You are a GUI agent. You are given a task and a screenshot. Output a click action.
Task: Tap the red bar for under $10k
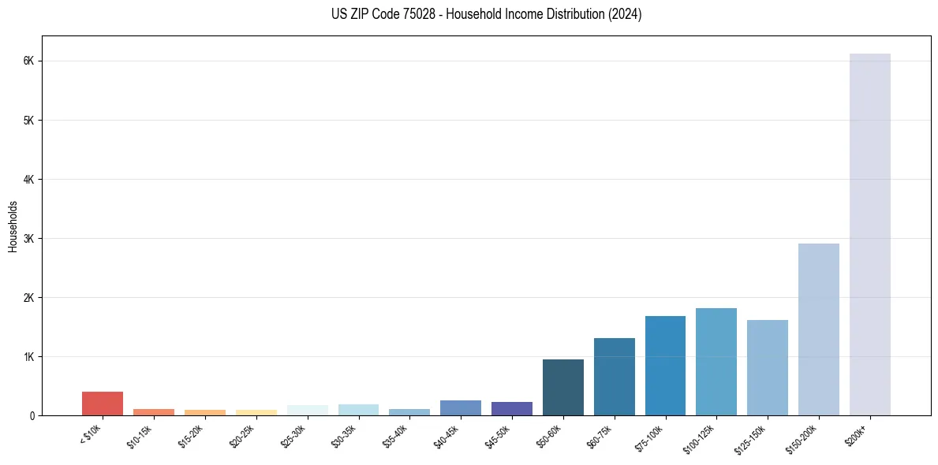(x=103, y=404)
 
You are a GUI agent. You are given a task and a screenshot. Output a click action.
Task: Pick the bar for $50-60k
(x=562, y=387)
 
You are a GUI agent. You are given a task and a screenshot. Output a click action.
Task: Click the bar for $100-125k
(x=716, y=362)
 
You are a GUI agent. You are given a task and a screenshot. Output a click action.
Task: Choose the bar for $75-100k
(x=665, y=366)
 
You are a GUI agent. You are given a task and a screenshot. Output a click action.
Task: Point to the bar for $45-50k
(x=511, y=408)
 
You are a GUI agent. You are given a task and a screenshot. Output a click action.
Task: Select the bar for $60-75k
(x=614, y=377)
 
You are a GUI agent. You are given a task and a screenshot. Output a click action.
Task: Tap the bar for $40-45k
(x=461, y=407)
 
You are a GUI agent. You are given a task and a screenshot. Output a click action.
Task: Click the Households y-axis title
(x=13, y=226)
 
